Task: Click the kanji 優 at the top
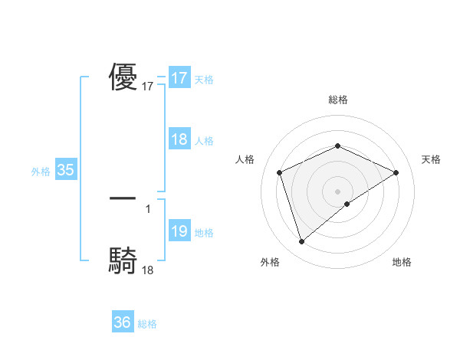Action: [123, 78]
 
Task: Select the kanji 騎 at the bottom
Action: [123, 261]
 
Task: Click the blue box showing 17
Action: [179, 78]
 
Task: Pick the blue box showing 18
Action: [179, 139]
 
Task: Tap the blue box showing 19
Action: [179, 231]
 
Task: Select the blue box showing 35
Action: [65, 170]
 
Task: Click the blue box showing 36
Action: [122, 322]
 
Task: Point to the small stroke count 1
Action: [148, 208]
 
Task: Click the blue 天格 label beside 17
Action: [204, 80]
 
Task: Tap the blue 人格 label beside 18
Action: [204, 141]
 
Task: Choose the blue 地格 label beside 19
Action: [204, 233]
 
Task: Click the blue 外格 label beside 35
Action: [41, 172]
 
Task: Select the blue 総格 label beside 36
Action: [147, 324]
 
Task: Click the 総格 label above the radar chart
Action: [338, 100]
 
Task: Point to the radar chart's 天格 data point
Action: [396, 172]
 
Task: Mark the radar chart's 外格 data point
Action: [301, 242]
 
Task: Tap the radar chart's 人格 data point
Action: [280, 172]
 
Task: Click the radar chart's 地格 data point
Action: [347, 204]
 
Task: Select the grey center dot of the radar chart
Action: [338, 191]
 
